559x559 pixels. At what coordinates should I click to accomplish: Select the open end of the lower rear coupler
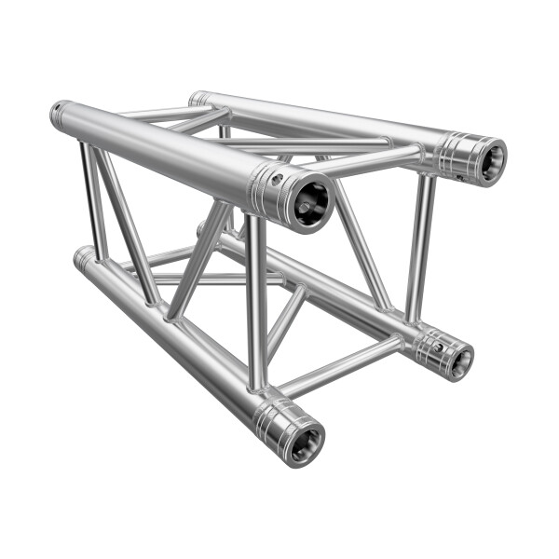coord(459,361)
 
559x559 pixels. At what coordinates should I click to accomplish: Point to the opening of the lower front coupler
coord(305,445)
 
